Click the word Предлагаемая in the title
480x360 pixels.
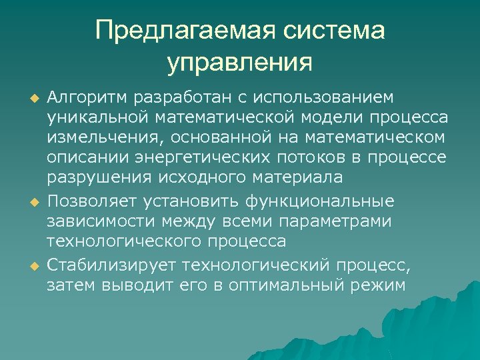point(186,31)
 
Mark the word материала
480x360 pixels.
point(298,178)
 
